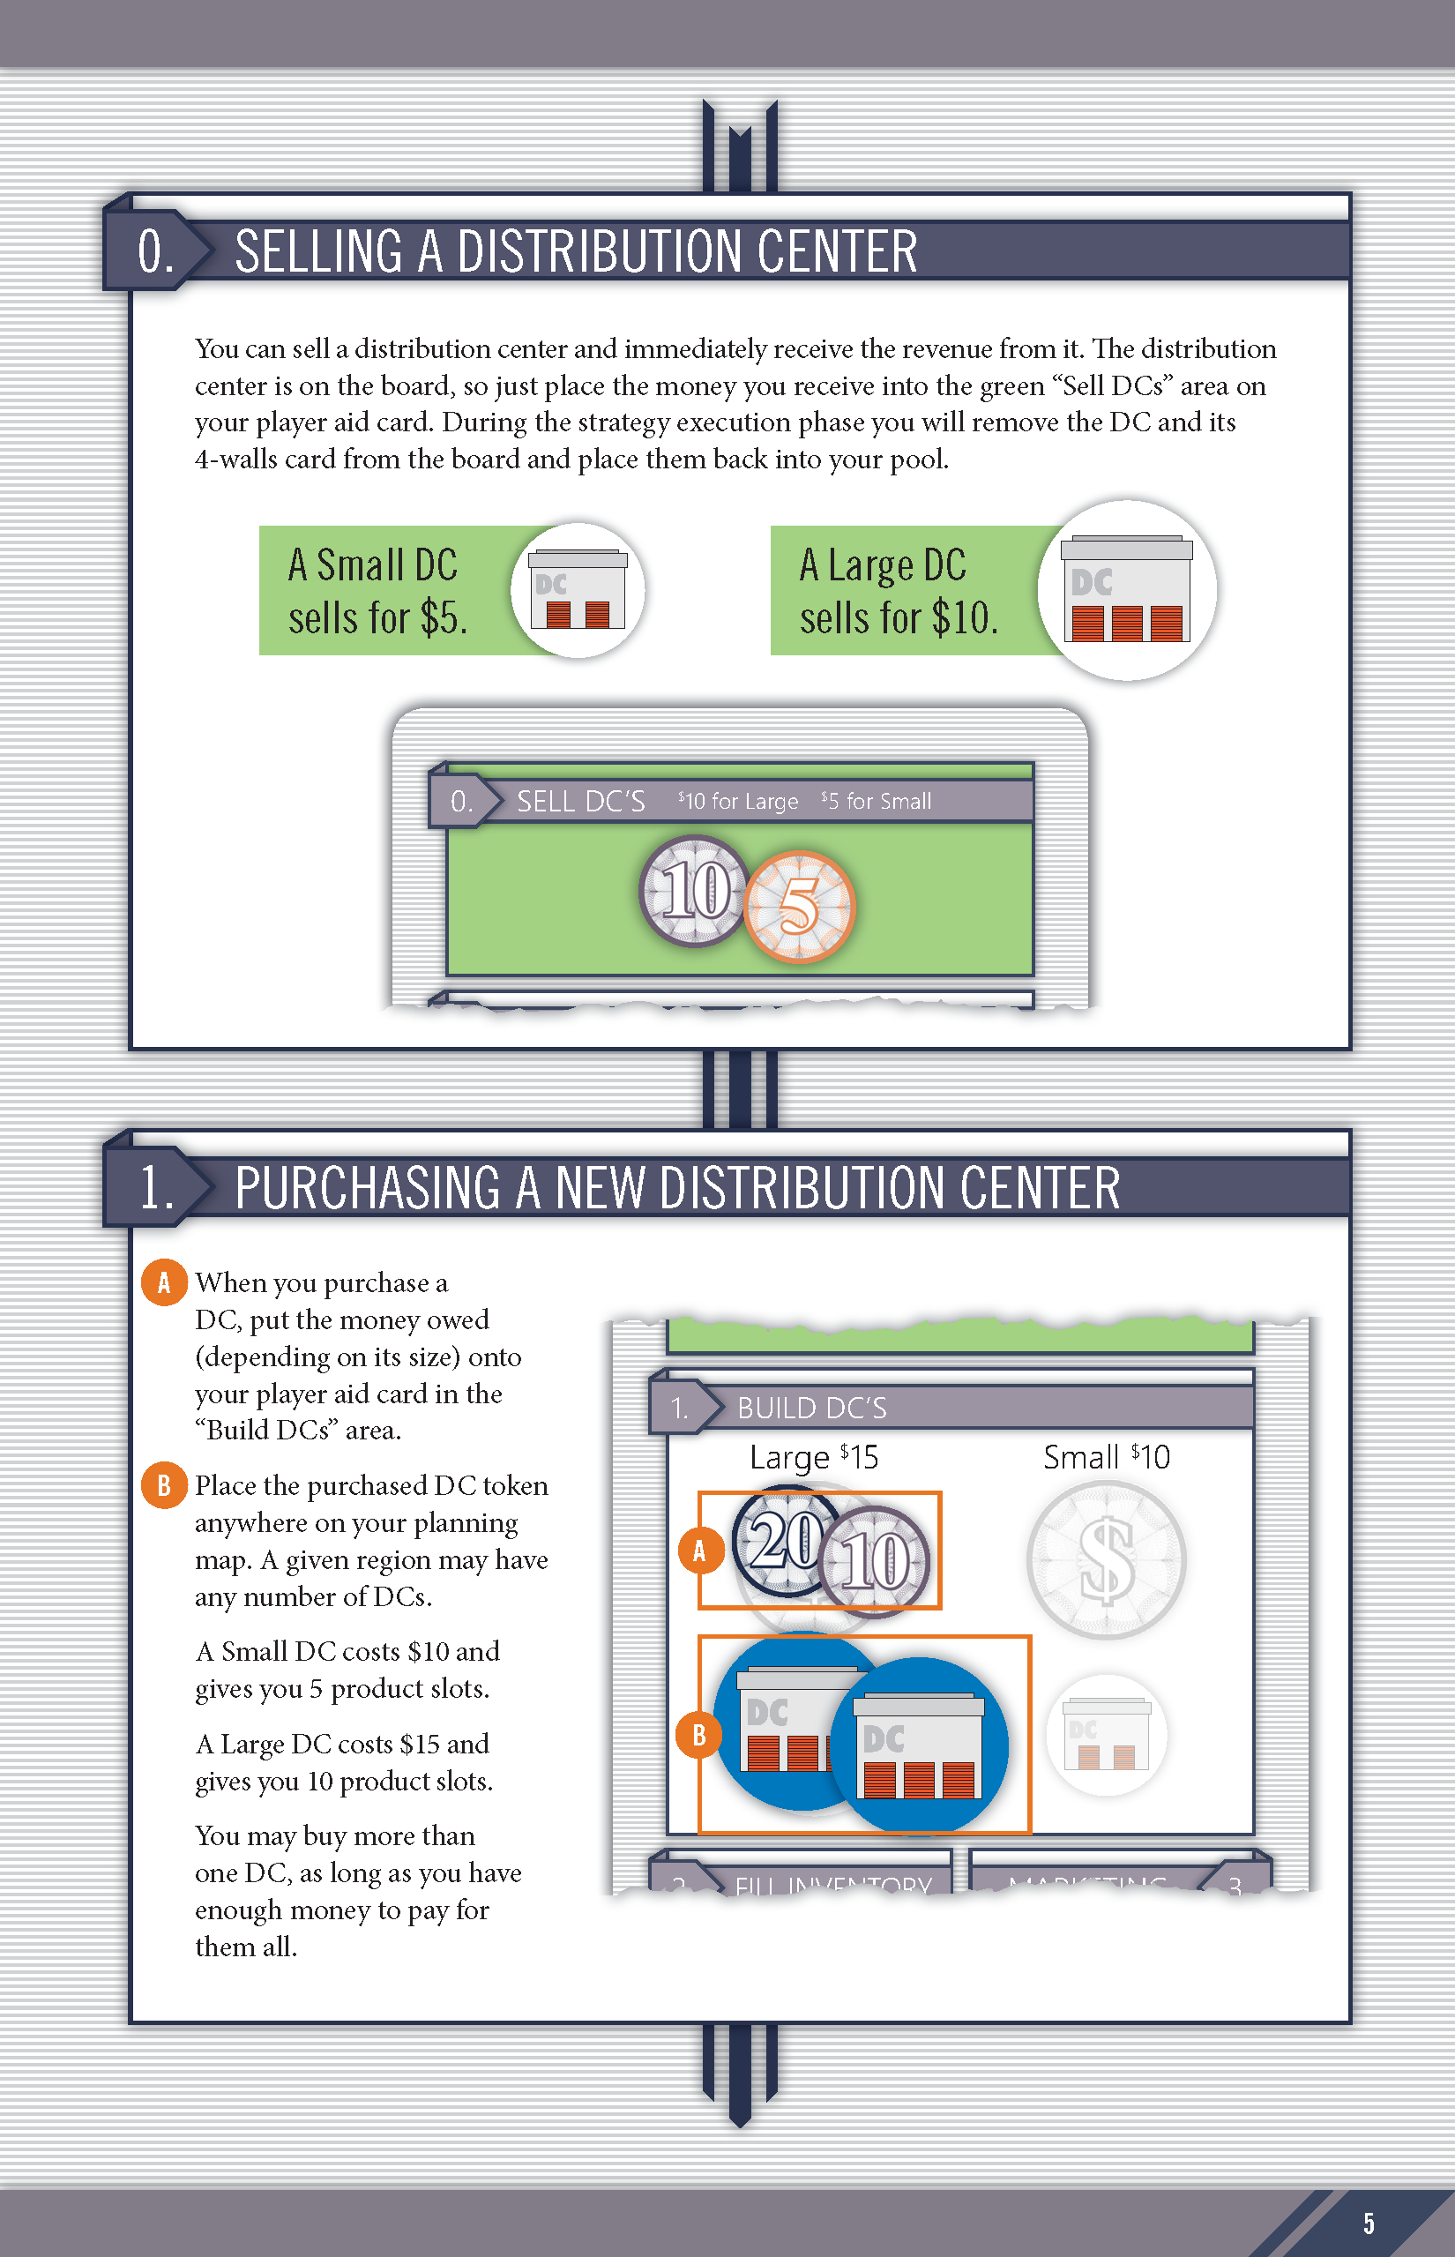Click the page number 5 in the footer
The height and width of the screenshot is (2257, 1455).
click(1368, 2223)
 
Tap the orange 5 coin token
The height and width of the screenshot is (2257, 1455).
click(799, 906)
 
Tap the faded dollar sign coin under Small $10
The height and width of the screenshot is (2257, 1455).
click(1106, 1558)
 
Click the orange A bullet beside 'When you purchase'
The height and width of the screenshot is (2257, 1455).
click(163, 1282)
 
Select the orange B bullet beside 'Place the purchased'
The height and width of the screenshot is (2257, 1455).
click(163, 1485)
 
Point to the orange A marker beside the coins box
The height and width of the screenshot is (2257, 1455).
click(700, 1551)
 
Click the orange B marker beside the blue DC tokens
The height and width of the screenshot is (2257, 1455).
click(699, 1736)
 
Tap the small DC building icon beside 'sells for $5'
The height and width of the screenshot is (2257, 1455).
click(578, 589)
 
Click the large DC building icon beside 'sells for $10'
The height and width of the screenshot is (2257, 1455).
click(1127, 589)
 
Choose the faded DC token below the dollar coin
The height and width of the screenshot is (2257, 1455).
click(1107, 1735)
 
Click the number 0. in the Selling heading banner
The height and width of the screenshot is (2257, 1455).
click(156, 251)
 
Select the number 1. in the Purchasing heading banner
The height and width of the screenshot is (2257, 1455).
click(157, 1187)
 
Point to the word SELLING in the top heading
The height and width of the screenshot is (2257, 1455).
click(319, 251)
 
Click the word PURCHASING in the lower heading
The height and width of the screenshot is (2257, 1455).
click(369, 1187)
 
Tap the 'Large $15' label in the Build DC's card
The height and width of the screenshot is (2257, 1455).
click(813, 1457)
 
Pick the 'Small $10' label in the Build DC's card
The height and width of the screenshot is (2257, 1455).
click(1107, 1457)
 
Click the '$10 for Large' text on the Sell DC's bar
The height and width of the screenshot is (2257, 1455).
click(738, 801)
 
